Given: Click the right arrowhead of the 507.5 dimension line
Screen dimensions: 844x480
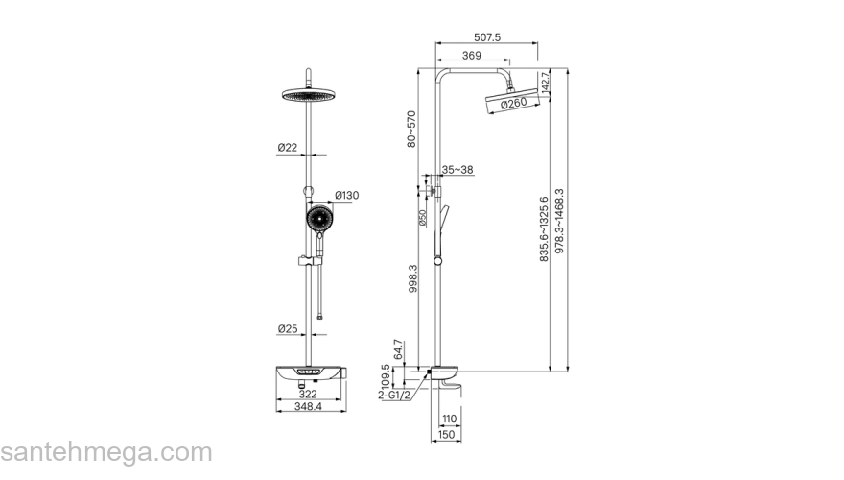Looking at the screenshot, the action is point(535,43).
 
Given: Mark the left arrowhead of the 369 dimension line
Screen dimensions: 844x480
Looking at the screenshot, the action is point(438,60).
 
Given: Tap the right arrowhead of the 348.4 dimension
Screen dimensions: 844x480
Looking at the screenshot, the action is point(343,412).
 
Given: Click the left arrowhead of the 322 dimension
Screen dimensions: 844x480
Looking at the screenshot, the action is point(279,399).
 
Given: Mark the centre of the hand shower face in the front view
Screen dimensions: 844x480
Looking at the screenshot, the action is point(320,219).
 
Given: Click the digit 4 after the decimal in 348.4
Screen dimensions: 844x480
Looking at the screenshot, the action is point(318,407).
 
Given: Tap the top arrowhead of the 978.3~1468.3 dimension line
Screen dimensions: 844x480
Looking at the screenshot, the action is point(568,72).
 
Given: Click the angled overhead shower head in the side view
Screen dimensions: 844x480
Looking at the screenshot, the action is point(512,101).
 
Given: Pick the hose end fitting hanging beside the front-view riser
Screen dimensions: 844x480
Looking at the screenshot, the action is point(320,317).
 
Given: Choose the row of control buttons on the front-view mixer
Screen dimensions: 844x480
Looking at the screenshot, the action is point(309,372).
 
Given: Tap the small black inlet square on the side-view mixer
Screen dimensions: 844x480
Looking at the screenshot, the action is point(429,372).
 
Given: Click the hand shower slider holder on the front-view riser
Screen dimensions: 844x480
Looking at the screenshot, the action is point(306,261).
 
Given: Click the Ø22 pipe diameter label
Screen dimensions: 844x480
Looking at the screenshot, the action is point(288,147).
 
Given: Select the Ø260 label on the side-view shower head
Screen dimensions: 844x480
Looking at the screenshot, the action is point(513,103).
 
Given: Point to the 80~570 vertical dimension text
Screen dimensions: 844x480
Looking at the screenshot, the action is point(411,129).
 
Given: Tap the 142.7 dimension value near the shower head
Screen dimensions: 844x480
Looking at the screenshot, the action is point(545,82).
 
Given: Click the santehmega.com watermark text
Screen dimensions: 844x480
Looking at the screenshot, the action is point(106,452).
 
